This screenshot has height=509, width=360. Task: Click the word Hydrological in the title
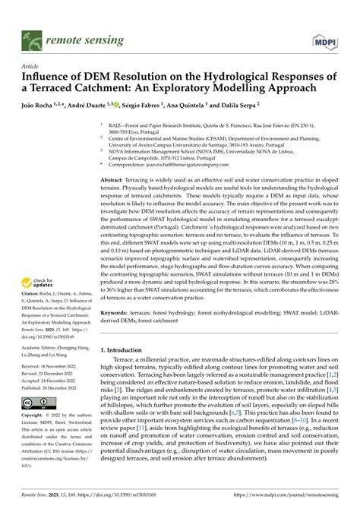click(220, 77)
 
